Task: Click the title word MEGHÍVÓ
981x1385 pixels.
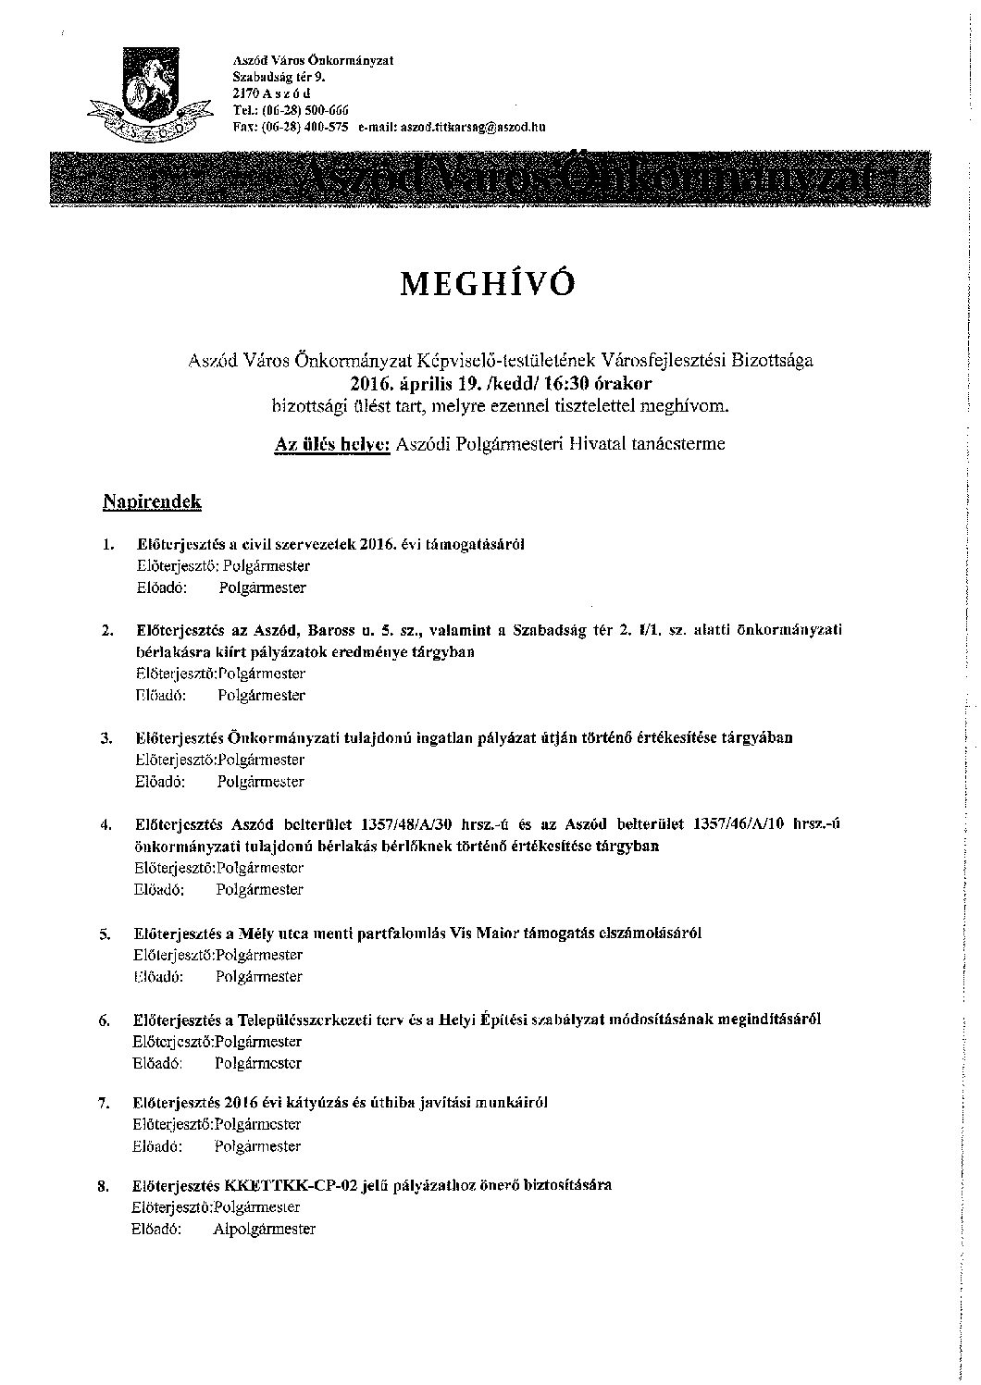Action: tap(487, 284)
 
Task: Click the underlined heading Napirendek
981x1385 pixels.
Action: tap(152, 501)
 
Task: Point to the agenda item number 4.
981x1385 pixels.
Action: tap(106, 823)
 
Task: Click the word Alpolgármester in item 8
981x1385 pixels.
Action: tap(264, 1229)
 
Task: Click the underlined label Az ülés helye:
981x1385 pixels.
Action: tap(332, 443)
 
